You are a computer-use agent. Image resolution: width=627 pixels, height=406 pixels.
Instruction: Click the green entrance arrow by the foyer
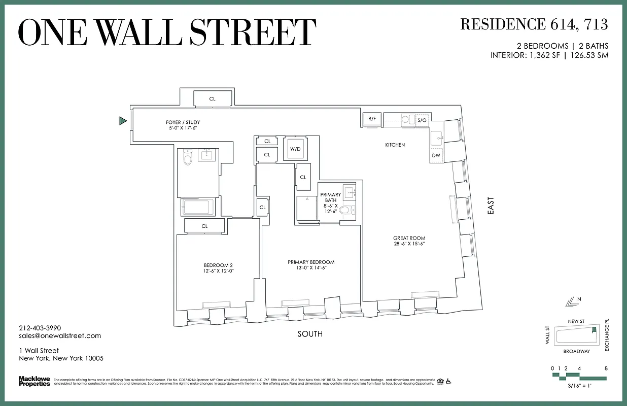(x=122, y=121)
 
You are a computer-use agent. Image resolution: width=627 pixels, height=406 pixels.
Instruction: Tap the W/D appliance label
(x=295, y=149)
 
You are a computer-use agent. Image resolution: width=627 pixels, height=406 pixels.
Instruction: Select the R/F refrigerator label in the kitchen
(x=372, y=119)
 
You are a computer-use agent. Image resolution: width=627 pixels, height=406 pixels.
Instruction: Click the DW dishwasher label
(x=436, y=155)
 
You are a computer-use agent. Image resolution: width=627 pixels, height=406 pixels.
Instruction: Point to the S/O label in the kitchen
(x=422, y=120)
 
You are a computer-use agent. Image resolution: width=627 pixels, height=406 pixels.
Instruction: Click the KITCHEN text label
(x=395, y=145)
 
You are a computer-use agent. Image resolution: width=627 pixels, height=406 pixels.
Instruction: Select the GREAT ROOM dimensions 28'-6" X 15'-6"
(x=409, y=244)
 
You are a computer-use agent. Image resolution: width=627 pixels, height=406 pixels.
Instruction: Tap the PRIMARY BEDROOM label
(x=311, y=262)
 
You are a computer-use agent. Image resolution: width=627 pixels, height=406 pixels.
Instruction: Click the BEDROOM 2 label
(x=218, y=265)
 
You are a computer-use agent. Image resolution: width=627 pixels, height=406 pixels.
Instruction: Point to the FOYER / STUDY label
(x=183, y=122)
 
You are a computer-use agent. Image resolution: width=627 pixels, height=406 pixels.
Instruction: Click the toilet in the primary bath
(x=344, y=210)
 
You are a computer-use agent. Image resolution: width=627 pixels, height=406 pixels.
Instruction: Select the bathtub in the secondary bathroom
(x=198, y=207)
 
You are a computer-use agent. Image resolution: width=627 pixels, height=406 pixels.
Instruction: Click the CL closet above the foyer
(x=212, y=99)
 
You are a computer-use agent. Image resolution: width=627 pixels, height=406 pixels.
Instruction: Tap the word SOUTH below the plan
(x=309, y=334)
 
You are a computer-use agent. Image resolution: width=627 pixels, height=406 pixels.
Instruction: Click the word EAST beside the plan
(x=491, y=207)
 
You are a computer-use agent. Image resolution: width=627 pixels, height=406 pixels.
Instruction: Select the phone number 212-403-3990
(x=40, y=328)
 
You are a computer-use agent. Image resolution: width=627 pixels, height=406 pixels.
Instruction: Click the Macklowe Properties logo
(x=34, y=381)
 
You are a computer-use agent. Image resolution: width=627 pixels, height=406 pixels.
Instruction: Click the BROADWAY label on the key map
(x=576, y=351)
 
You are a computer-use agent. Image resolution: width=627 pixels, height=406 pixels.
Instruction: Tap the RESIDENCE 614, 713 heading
(x=534, y=24)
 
